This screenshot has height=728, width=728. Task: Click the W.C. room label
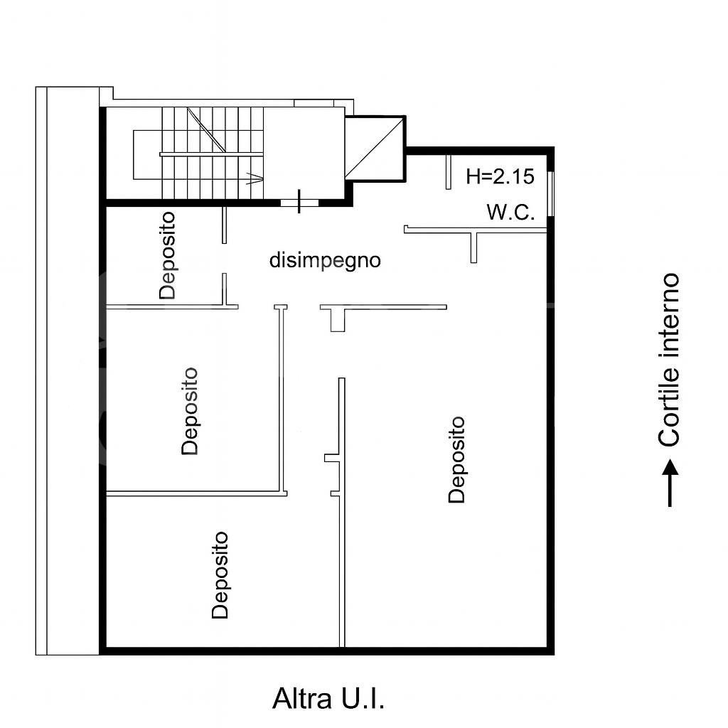point(510,212)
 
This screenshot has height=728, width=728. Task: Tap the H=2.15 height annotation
point(500,176)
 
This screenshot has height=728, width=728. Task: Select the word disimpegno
point(325,261)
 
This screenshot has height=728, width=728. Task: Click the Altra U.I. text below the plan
point(328,699)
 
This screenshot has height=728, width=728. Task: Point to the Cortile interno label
point(669,360)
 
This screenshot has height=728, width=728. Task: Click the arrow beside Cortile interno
point(670,483)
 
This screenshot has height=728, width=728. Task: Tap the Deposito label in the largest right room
point(456,460)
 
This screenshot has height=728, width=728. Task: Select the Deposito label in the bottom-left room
point(220,575)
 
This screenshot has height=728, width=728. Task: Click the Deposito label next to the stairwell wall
point(167,255)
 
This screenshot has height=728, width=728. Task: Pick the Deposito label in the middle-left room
point(189,412)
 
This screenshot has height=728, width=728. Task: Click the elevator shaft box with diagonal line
point(374,148)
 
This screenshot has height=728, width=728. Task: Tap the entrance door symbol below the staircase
point(299,202)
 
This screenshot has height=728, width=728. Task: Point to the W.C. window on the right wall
point(551,193)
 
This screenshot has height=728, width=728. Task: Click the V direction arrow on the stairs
point(255,178)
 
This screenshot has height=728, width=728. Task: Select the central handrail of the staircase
point(212,154)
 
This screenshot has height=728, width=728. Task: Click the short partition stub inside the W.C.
point(449,172)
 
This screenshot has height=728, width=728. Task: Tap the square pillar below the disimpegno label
point(338,321)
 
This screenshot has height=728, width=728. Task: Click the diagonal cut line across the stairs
point(207,130)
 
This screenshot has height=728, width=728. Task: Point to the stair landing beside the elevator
point(304,154)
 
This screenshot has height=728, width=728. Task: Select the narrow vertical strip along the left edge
point(41,370)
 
